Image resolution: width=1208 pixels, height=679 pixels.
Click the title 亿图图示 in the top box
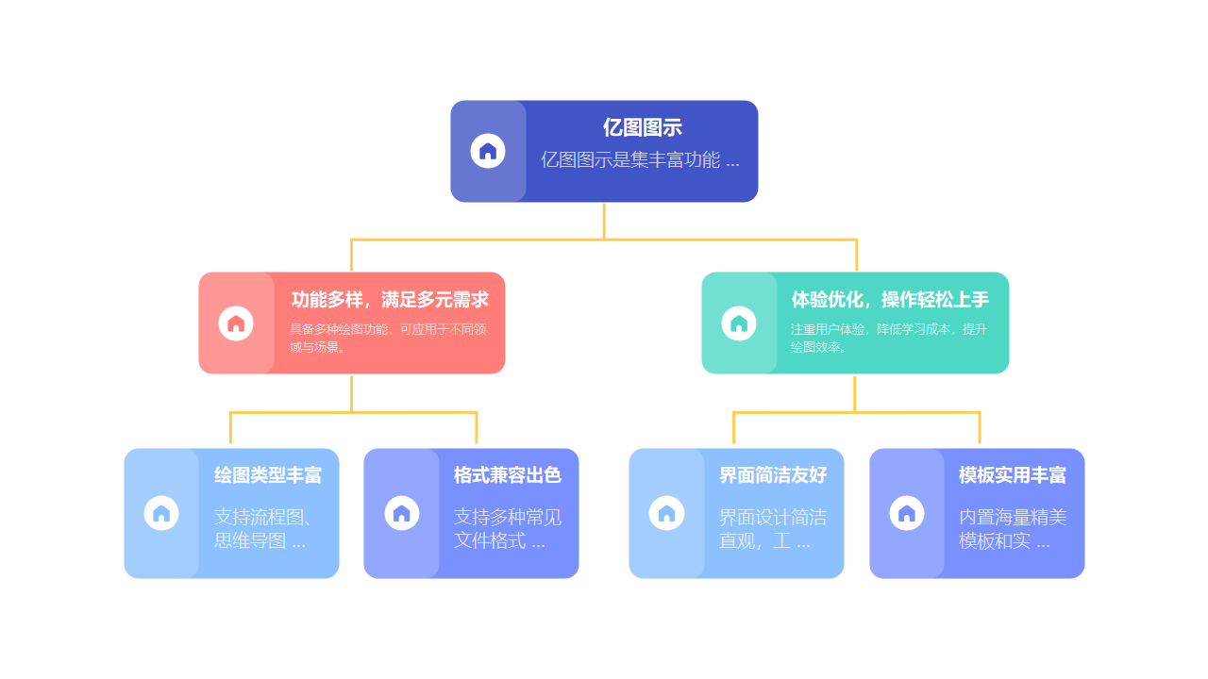tap(642, 128)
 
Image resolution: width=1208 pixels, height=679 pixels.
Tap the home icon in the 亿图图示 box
tap(488, 151)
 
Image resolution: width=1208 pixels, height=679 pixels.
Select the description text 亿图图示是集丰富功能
tap(640, 159)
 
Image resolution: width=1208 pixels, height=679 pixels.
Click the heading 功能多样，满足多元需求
tap(390, 300)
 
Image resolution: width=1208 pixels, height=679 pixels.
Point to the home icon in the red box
tap(236, 323)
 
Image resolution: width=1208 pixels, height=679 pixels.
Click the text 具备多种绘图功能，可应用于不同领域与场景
tap(388, 338)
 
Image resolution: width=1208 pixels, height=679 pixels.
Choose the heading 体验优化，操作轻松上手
tap(890, 300)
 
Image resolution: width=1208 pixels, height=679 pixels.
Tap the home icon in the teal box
tap(739, 323)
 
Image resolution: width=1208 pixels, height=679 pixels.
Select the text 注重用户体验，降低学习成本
tap(889, 338)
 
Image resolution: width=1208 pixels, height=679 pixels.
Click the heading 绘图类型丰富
tap(268, 475)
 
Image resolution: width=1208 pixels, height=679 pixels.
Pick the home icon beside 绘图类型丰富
tap(161, 513)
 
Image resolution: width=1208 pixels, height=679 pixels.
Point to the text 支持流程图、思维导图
tap(263, 529)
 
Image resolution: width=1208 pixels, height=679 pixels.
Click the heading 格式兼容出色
tap(508, 475)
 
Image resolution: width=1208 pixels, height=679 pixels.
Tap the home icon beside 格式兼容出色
tap(402, 513)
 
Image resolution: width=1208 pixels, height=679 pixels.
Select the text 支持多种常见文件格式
tap(508, 529)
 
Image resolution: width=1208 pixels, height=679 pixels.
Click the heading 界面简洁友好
tap(773, 475)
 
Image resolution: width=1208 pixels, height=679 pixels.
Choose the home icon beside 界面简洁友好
tap(666, 513)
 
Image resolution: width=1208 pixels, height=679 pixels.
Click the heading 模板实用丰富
tap(1013, 475)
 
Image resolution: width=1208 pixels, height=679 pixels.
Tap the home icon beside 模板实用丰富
tap(907, 513)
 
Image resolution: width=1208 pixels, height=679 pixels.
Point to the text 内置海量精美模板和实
tap(1013, 529)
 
